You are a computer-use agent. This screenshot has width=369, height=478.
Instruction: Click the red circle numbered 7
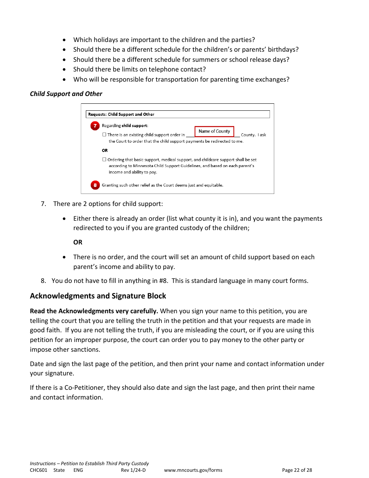point(95,126)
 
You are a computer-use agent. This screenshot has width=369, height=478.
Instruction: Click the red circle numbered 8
point(95,185)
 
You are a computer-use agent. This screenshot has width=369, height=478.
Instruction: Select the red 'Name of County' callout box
point(214,131)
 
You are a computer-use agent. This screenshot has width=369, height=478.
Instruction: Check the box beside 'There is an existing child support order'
point(104,135)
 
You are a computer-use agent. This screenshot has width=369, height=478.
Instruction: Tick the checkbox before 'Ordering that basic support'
point(104,159)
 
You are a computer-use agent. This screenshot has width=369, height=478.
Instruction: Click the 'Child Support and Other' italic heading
point(66,94)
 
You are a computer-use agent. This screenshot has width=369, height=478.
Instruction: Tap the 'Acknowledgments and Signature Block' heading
point(98,296)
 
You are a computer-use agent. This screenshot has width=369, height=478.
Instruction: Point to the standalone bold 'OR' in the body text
point(78,242)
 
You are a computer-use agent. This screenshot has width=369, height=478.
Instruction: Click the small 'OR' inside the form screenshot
point(105,150)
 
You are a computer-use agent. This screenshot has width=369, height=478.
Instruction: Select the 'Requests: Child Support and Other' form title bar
point(178,114)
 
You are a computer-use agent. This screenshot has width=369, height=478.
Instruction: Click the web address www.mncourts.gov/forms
point(193,470)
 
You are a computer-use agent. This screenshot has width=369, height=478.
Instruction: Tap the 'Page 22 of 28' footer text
point(297,470)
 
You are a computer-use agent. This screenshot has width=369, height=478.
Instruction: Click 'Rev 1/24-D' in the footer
point(133,470)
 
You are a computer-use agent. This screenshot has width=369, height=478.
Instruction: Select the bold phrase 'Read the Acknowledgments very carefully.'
point(94,311)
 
